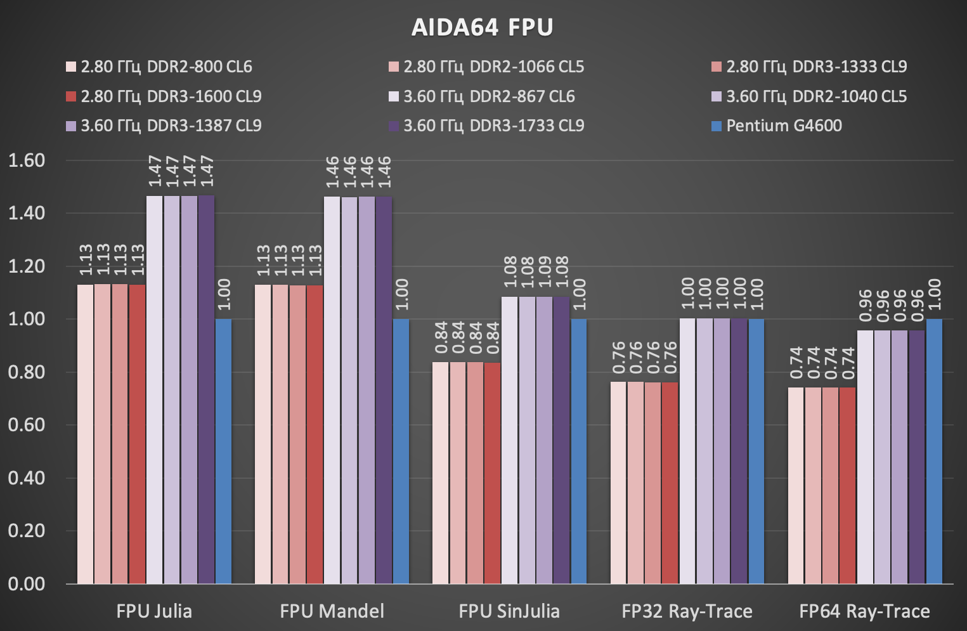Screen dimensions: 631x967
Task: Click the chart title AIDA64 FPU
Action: pyautogui.click(x=483, y=27)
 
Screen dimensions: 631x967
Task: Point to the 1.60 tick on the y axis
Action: pyautogui.click(x=27, y=160)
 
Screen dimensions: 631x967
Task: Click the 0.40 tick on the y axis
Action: pyautogui.click(x=27, y=478)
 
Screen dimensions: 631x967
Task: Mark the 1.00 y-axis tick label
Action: pyautogui.click(x=27, y=319)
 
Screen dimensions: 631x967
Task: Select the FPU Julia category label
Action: pyautogui.click(x=154, y=611)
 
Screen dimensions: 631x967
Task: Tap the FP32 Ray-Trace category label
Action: pyautogui.click(x=687, y=611)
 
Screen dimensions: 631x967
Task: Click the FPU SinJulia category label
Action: pyautogui.click(x=509, y=611)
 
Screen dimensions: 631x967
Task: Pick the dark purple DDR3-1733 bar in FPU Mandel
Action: pyautogui.click(x=384, y=390)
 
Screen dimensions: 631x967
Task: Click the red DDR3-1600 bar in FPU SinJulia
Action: pyautogui.click(x=492, y=472)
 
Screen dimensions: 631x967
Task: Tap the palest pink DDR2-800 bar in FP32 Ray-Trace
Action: pyautogui.click(x=619, y=482)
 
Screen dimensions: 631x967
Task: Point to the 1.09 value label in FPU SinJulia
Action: pyautogui.click(x=544, y=273)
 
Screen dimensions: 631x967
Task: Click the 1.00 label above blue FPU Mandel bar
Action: pyautogui.click(x=401, y=294)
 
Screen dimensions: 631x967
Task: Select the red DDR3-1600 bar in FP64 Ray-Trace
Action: pyautogui.click(x=847, y=485)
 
